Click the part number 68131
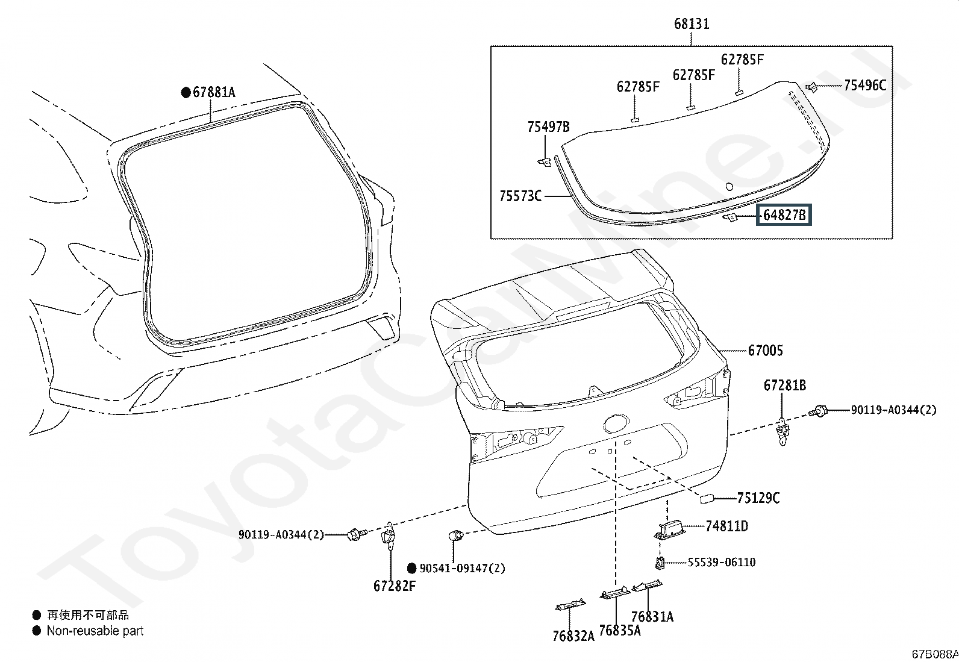[692, 23]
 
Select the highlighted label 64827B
[784, 214]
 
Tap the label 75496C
[865, 85]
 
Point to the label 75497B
[548, 126]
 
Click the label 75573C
[520, 196]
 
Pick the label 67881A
[214, 92]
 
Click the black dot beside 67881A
[186, 93]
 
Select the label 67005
[765, 351]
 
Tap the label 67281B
[785, 386]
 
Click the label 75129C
[758, 498]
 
